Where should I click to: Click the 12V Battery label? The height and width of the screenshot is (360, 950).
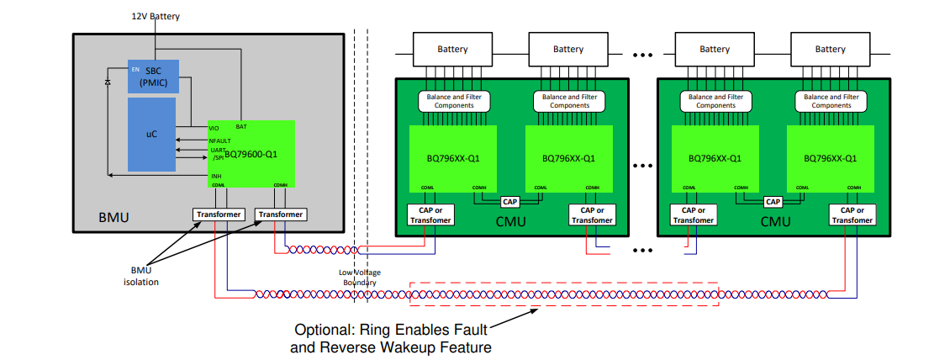tap(156, 16)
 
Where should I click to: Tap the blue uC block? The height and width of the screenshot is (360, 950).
tap(151, 134)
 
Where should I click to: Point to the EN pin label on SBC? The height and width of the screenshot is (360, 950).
tap(135, 68)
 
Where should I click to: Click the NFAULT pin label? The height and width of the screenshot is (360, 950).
tap(219, 140)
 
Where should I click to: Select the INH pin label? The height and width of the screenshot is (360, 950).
tap(216, 176)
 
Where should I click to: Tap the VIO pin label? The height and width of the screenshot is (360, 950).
tap(215, 128)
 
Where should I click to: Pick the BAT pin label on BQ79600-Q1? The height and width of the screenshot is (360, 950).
tap(241, 126)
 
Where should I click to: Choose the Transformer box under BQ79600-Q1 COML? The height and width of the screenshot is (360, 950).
tap(219, 214)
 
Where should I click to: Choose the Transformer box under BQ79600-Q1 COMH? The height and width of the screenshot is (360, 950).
tap(281, 214)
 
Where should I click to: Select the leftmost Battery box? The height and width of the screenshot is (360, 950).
tap(452, 50)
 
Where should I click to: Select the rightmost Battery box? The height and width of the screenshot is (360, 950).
tap(830, 50)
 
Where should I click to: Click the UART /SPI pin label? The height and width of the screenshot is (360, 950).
tap(218, 154)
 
